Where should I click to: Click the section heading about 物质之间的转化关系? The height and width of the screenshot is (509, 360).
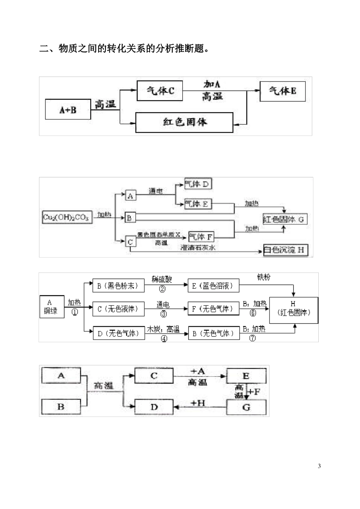coord(125,49)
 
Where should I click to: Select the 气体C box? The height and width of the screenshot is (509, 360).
coord(160,91)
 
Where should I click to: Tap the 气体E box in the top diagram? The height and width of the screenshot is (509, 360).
coord(282,91)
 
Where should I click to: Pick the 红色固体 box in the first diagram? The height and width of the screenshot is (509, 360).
coord(184,122)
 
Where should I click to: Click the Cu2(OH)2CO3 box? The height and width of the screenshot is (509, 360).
coord(67,218)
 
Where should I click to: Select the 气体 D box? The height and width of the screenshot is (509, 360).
coord(198,184)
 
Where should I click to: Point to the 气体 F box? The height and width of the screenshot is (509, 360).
coord(201,237)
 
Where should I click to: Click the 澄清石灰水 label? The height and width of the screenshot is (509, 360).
coord(198,247)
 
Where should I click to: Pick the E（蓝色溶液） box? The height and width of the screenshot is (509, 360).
coord(213,286)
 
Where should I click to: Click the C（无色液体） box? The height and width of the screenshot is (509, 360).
coord(119,309)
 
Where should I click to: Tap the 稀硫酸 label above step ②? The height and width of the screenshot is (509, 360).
coord(162,279)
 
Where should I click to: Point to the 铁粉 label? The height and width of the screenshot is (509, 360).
coord(264,277)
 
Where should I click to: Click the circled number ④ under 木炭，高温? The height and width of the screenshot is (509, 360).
coord(164,339)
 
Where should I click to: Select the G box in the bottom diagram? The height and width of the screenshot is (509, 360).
coord(246,407)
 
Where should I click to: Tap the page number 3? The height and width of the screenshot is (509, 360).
coord(319,466)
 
